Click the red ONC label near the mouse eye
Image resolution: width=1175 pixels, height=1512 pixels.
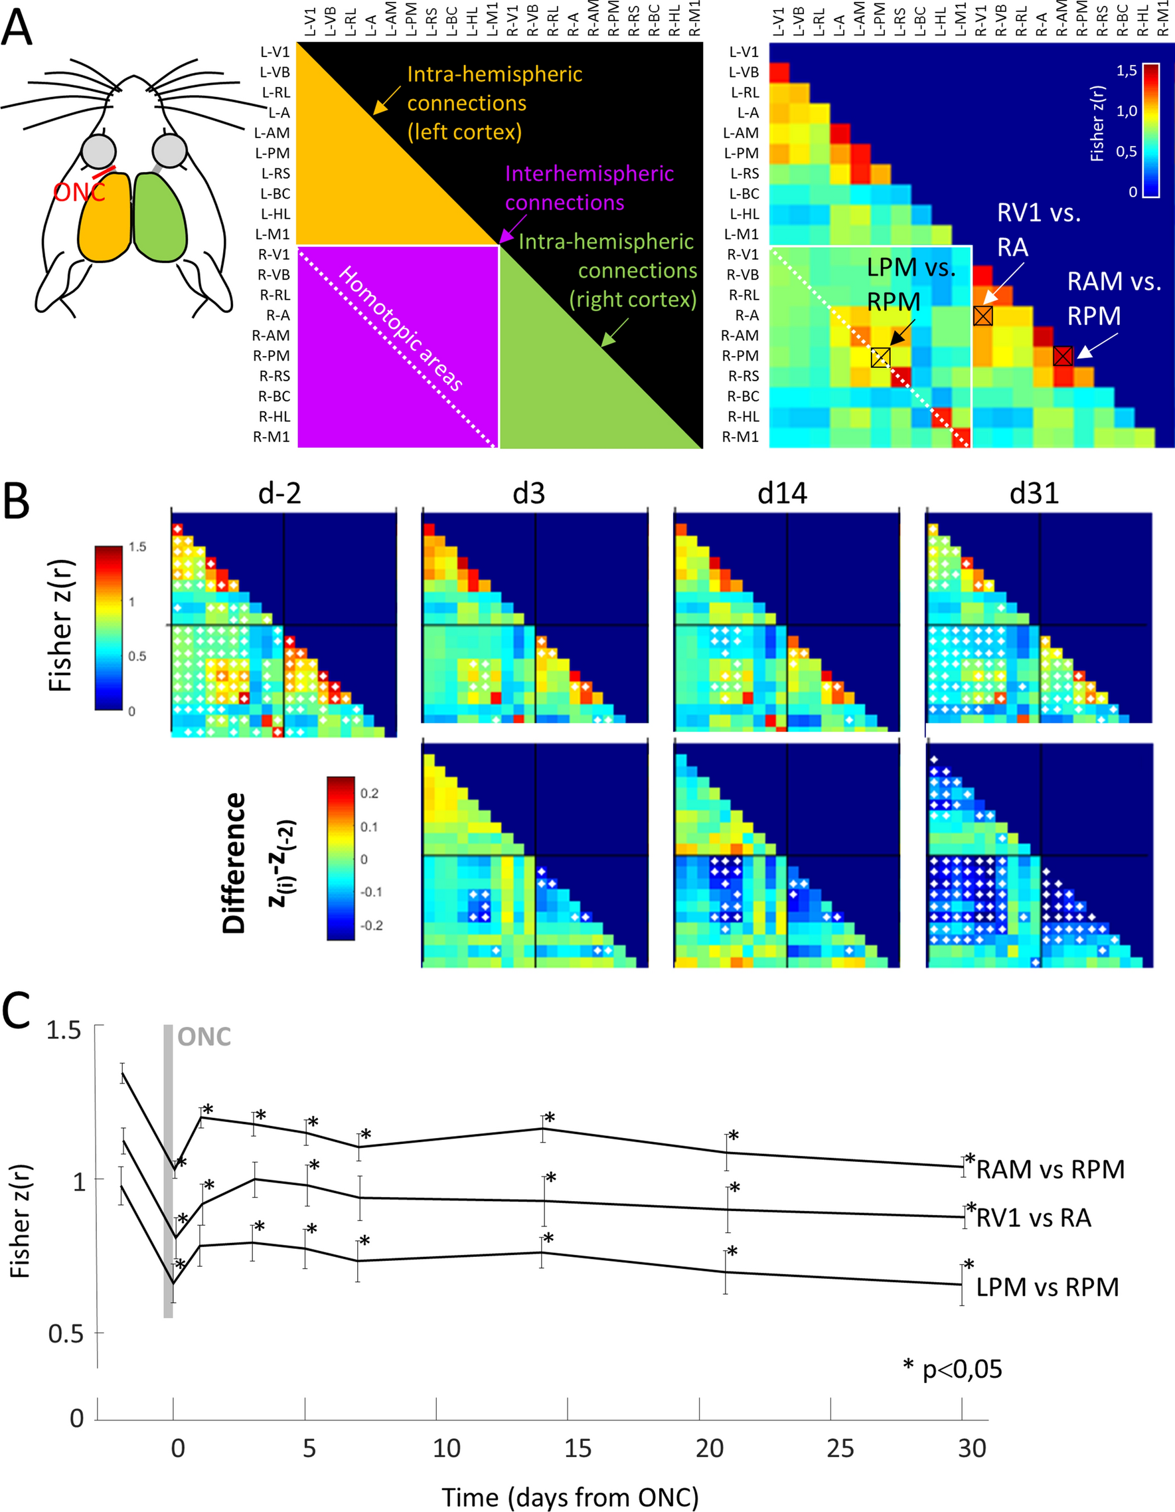[79, 192]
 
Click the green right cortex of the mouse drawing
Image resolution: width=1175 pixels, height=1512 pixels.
[161, 217]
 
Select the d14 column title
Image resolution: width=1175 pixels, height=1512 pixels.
[782, 493]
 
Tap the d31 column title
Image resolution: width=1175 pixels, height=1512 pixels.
[1034, 493]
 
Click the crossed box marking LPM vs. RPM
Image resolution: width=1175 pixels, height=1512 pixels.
[880, 357]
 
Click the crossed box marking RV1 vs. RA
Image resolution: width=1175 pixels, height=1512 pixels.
[982, 316]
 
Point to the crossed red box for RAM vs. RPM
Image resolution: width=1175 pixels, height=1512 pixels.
[1063, 356]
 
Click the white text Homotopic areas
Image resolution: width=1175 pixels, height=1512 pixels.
[400, 328]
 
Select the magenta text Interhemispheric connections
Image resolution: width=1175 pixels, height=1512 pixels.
[588, 187]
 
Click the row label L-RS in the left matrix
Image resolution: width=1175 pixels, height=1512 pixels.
[275, 174]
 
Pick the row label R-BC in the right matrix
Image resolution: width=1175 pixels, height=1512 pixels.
[742, 397]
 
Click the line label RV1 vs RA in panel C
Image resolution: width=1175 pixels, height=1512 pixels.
[1033, 1217]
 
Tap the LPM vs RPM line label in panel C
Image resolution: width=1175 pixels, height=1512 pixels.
[1047, 1287]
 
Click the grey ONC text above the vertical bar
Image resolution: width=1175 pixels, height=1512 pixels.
[204, 1036]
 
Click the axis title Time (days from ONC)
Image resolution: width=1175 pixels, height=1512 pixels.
[570, 1497]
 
